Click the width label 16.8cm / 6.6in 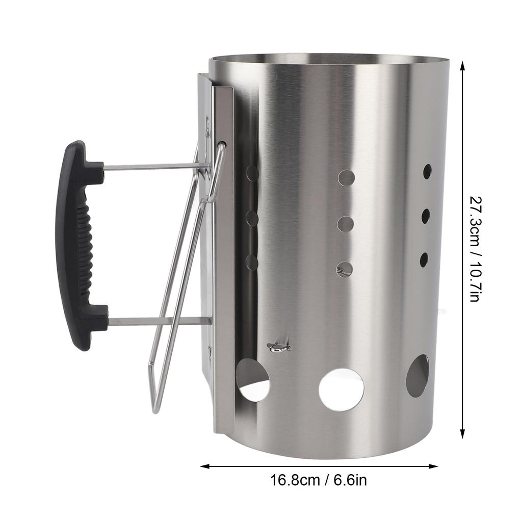318,480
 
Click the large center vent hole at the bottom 341,390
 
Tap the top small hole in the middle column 346,178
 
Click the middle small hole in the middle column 346,224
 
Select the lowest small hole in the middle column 345,269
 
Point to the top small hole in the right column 427,171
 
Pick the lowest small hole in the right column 424,260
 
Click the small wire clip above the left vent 279,347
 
